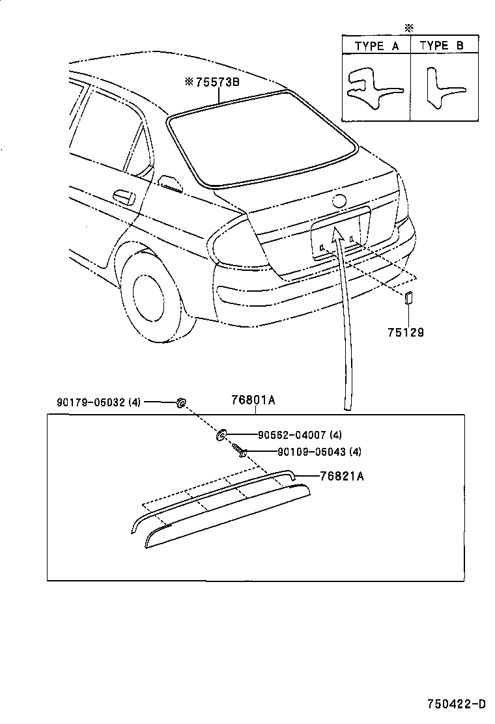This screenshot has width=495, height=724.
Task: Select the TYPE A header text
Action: pos(376,46)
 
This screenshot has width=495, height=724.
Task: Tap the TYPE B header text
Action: pos(442,46)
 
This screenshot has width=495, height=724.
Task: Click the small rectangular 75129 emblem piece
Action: pos(408,298)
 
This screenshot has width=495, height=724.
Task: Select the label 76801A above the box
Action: pos(253,401)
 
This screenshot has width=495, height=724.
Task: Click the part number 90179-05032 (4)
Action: pos(98,402)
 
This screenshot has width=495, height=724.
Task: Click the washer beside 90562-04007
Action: pos(221,433)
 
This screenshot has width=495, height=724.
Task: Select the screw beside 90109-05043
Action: pos(239,451)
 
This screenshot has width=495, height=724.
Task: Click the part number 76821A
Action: pos(341,476)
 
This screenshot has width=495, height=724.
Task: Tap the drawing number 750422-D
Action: pos(457,704)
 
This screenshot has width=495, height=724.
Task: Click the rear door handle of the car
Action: pos(121,195)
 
